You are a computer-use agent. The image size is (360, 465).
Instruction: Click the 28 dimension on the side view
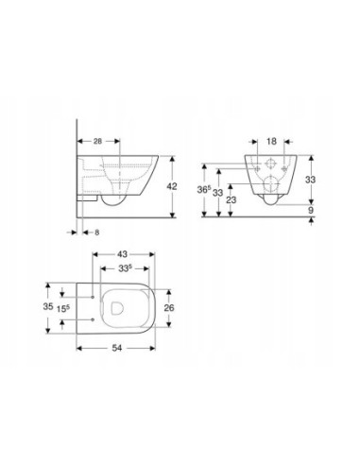tap(99, 140)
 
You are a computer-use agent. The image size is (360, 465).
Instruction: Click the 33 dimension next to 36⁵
tap(219, 193)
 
